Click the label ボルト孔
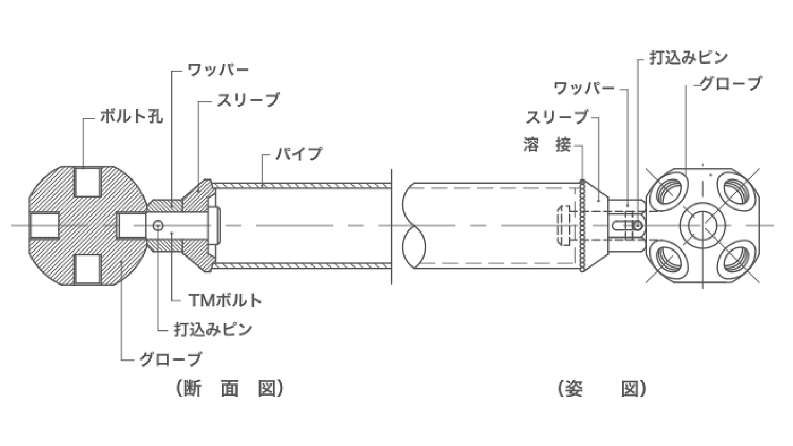point(131,116)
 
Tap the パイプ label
point(299,154)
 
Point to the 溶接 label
point(547,145)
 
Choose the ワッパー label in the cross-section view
point(218,70)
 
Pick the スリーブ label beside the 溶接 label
point(557,117)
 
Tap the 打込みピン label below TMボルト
point(213,329)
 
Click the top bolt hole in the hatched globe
point(88,182)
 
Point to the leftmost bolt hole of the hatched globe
point(44,226)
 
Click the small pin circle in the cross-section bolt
point(158,225)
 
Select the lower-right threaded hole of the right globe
point(735,261)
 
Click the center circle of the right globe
point(703,226)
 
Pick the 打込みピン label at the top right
point(689,57)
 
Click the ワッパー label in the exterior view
point(583,88)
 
